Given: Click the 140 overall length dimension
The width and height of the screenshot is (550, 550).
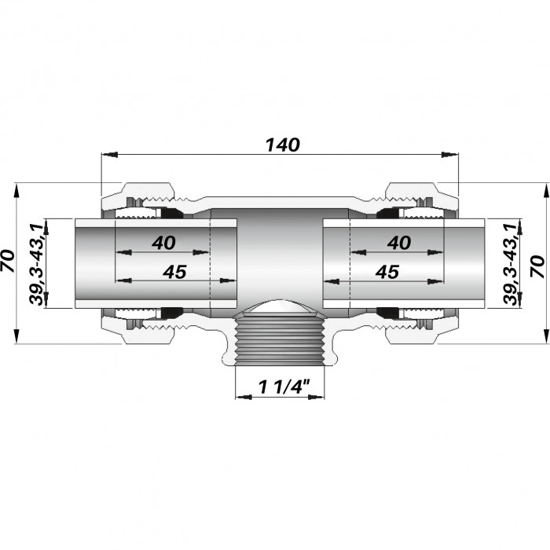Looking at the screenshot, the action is [x=283, y=145].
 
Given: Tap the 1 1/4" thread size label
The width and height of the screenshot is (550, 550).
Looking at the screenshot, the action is [x=284, y=387].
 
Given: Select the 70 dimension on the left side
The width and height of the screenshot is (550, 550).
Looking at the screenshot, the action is [x=8, y=261].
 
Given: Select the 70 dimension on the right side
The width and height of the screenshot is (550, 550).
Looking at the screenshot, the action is [x=537, y=266].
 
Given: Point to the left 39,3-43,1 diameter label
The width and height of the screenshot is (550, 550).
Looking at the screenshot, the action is [x=36, y=264].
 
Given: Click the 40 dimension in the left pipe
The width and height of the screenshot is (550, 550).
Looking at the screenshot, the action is [x=163, y=243].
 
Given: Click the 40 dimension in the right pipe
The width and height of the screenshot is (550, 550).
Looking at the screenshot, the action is [x=399, y=243].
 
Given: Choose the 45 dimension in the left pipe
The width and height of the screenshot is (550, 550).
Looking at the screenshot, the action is [x=174, y=272].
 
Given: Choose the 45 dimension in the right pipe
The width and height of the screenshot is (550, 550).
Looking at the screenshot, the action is [x=387, y=272].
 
